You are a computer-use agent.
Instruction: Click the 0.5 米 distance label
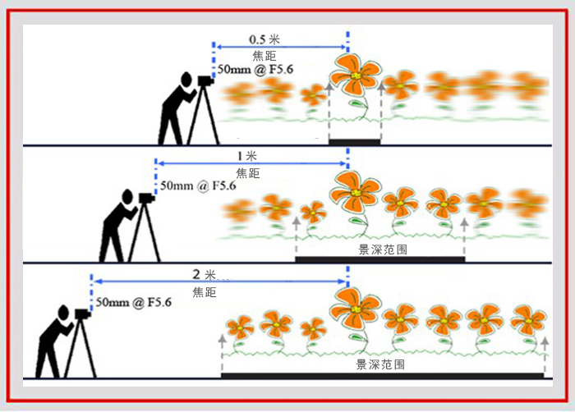tap(264, 39)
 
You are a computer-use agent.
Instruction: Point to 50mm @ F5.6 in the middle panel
tap(198, 186)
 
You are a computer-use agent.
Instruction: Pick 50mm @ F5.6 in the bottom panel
tap(134, 303)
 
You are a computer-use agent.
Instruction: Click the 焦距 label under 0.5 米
tap(264, 56)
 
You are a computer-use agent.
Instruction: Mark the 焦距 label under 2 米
tap(204, 291)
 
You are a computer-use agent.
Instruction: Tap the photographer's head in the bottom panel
tap(62, 313)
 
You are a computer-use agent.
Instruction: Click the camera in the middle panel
tap(146, 197)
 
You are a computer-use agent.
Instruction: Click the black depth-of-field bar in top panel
tap(354, 142)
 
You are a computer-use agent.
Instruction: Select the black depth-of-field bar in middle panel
tap(379, 259)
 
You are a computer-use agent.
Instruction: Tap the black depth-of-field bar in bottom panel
tap(383, 376)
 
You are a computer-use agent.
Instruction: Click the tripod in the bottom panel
tap(80, 349)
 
